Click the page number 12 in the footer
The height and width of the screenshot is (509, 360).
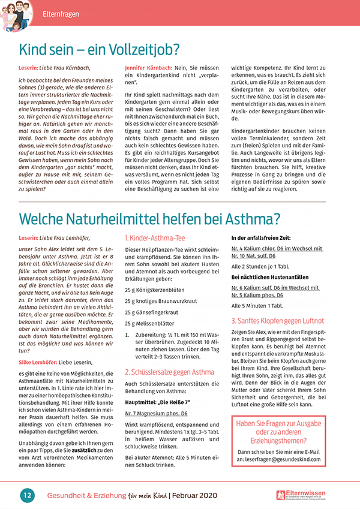pos(27,495)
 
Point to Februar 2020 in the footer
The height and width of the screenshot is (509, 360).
pos(197,495)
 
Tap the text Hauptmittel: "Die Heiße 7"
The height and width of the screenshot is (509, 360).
pos(153,403)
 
